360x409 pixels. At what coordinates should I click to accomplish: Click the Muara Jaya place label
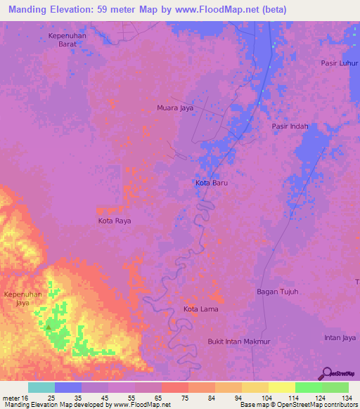click(175, 108)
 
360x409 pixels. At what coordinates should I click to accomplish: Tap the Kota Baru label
click(212, 183)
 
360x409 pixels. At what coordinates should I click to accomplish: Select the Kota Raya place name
click(115, 221)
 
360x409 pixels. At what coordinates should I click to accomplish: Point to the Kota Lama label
click(201, 309)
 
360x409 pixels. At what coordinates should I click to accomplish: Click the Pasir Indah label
click(290, 126)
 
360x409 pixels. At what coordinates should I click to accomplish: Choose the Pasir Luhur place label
click(340, 63)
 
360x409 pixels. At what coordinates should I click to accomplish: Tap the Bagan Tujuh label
click(278, 291)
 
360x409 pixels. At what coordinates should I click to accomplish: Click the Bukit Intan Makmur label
click(239, 342)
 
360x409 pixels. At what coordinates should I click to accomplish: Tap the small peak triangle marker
click(48, 327)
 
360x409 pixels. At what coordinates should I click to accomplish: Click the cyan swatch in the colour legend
click(41, 387)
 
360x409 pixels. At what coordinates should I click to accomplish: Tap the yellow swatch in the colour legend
click(282, 387)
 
